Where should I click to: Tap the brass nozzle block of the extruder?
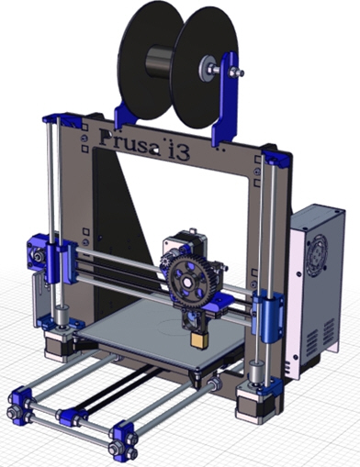pyautogui.click(x=199, y=339)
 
